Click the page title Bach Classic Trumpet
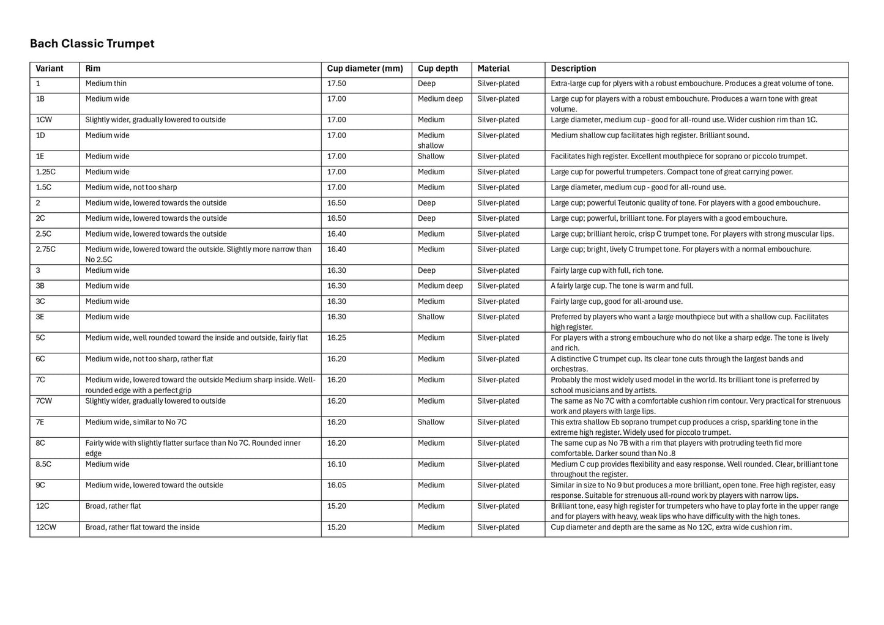92,43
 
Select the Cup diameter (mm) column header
365,68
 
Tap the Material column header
493,68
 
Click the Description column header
573,68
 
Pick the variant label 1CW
44,120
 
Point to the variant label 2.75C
46,250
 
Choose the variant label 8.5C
43,464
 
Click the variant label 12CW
46,527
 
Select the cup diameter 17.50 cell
336,83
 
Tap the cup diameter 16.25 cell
336,338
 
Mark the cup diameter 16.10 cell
336,464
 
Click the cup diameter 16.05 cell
336,485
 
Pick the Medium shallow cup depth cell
431,140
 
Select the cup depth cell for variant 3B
440,286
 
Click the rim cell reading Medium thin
106,83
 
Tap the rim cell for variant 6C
149,359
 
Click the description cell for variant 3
607,270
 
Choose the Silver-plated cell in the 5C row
498,338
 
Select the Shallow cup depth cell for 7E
431,422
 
